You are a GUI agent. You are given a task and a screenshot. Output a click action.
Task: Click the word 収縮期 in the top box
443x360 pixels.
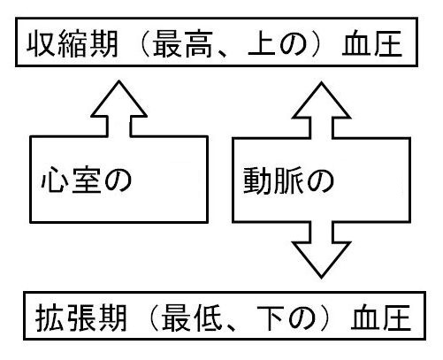pyautogui.click(x=73, y=43)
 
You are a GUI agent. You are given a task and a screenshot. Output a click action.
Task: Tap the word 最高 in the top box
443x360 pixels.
pyautogui.click(x=183, y=43)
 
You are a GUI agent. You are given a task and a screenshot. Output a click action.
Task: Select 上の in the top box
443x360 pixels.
pyautogui.click(x=278, y=43)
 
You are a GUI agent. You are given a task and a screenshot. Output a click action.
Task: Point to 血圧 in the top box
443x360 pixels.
pyautogui.click(x=372, y=43)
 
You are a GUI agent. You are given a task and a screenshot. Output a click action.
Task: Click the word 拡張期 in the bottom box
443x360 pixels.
pyautogui.click(x=81, y=318)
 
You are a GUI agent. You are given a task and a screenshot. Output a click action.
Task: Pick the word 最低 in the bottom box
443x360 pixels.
pyautogui.click(x=192, y=318)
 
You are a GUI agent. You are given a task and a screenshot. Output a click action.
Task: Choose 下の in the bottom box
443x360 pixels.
pyautogui.click(x=286, y=318)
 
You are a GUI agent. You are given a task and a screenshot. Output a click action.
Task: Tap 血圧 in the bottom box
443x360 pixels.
pyautogui.click(x=381, y=318)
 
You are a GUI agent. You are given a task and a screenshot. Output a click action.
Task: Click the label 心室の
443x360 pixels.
pyautogui.click(x=87, y=180)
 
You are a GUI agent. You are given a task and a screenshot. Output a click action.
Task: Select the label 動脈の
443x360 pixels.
pyautogui.click(x=289, y=180)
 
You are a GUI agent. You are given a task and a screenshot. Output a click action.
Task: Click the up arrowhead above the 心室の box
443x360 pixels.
pyautogui.click(x=118, y=99)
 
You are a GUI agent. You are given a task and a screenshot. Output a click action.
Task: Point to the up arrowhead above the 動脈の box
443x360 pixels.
pyautogui.click(x=321, y=100)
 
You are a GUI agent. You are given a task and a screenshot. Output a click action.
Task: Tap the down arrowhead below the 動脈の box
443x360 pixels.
pyautogui.click(x=321, y=259)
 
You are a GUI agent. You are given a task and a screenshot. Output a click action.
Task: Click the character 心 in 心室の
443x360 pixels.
pyautogui.click(x=55, y=180)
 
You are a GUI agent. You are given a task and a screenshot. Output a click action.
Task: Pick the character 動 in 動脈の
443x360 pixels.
pyautogui.click(x=257, y=180)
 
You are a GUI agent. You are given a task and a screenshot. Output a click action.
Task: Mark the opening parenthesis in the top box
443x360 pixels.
pyautogui.click(x=144, y=44)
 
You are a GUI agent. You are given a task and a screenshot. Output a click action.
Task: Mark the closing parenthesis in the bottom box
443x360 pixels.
pyautogui.click(x=325, y=318)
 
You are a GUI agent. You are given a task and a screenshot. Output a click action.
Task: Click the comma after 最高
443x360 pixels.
pyautogui.click(x=223, y=54)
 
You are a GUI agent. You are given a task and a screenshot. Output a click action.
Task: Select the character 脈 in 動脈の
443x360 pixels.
pyautogui.click(x=288, y=180)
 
